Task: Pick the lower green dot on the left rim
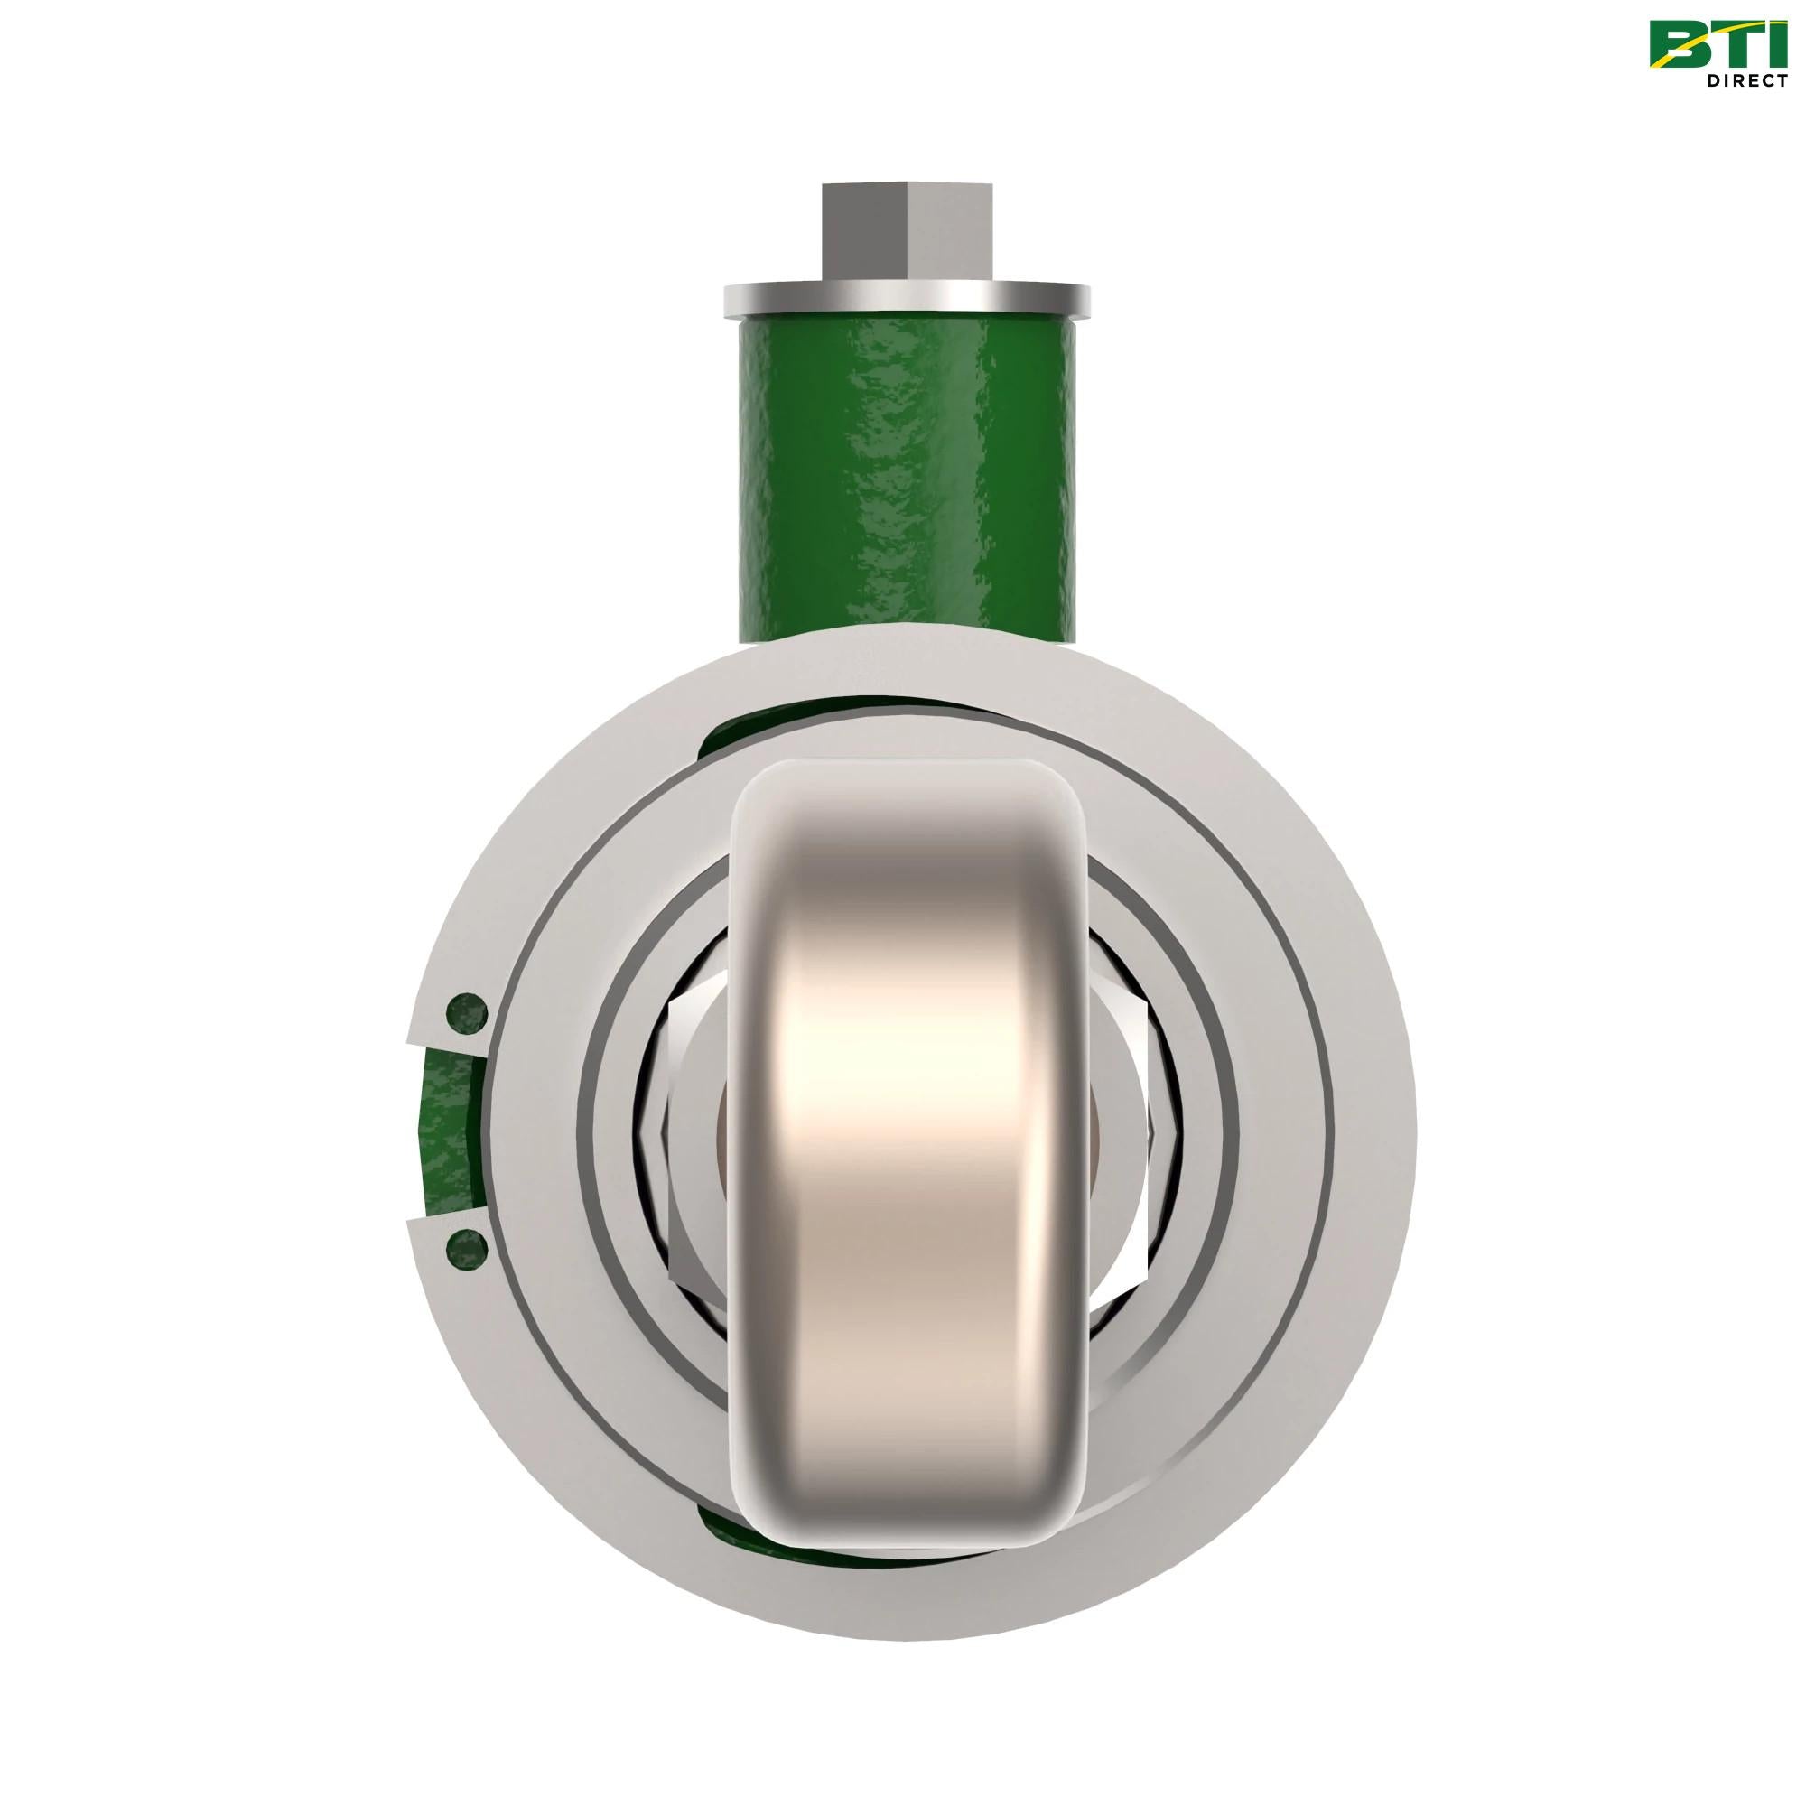pyautogui.click(x=466, y=1246)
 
